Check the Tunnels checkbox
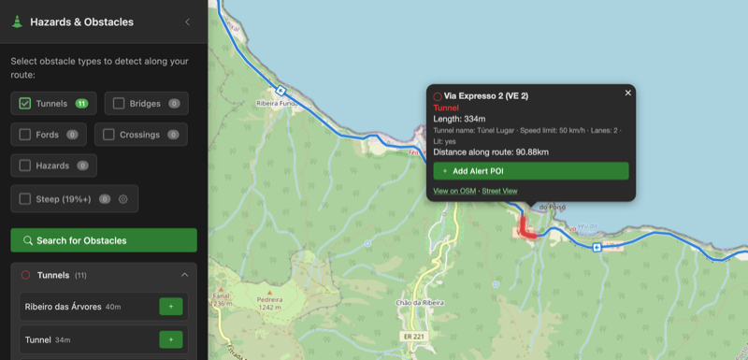(25, 103)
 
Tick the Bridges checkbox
(119, 103)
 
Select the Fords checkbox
(25, 135)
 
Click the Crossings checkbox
(108, 135)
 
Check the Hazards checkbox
(25, 166)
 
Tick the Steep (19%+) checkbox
(25, 198)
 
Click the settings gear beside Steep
(122, 198)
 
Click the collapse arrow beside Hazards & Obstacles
(187, 22)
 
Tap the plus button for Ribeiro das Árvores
(171, 306)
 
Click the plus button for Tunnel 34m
(171, 339)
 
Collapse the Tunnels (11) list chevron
(184, 275)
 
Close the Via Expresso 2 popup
(628, 93)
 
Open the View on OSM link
(455, 191)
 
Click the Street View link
(499, 191)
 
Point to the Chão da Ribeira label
(417, 303)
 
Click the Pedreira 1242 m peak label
(268, 302)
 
